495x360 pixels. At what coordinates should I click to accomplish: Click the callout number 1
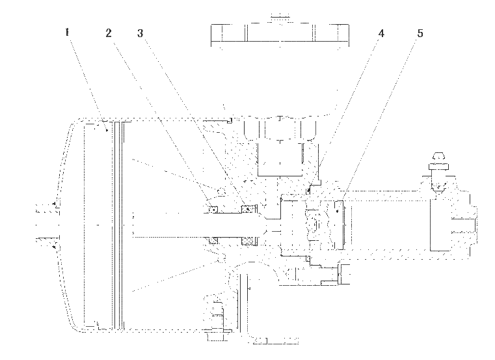coord(67,33)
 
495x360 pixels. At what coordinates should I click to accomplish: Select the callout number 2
coord(109,33)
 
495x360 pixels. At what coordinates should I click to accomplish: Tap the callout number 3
coord(140,33)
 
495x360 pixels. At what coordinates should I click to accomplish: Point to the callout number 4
coord(381,33)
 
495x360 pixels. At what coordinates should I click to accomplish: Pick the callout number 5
coord(420,33)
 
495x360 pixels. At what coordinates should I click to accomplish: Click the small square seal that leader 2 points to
coord(213,209)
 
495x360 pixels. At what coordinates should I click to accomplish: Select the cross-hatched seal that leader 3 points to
coord(248,208)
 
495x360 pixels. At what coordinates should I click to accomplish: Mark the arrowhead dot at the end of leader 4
coord(308,190)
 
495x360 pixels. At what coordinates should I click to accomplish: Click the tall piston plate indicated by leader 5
coord(338,225)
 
